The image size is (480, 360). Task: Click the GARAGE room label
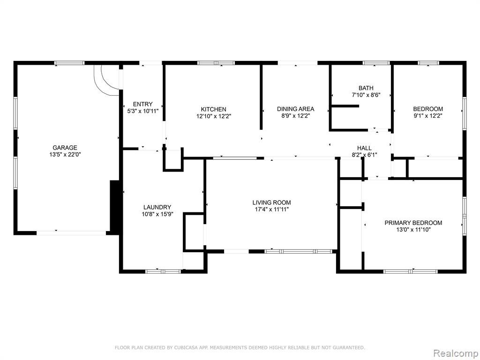coord(65,148)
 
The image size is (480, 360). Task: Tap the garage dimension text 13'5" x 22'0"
coord(65,155)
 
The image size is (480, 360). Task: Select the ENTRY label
coord(142,104)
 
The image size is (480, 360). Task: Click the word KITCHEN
coord(213,109)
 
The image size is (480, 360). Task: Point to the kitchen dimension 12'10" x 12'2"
coord(213,116)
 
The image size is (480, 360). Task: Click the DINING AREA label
coord(295,109)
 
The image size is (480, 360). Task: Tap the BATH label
coord(366,88)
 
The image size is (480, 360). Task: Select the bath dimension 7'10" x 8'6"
coord(366,95)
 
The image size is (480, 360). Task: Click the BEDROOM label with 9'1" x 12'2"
coord(428,109)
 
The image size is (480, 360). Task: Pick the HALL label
coord(364,148)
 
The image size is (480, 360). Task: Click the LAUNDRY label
coord(157,207)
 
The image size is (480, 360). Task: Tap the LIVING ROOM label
coord(271,202)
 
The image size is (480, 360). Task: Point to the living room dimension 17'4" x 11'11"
coord(271,210)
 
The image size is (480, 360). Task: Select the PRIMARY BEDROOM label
coord(413,223)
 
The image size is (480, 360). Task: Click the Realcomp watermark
coord(455,353)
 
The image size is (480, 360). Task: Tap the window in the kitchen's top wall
coord(216,63)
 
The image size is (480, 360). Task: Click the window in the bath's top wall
coord(376,63)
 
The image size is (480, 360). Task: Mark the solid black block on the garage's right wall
coord(114,207)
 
